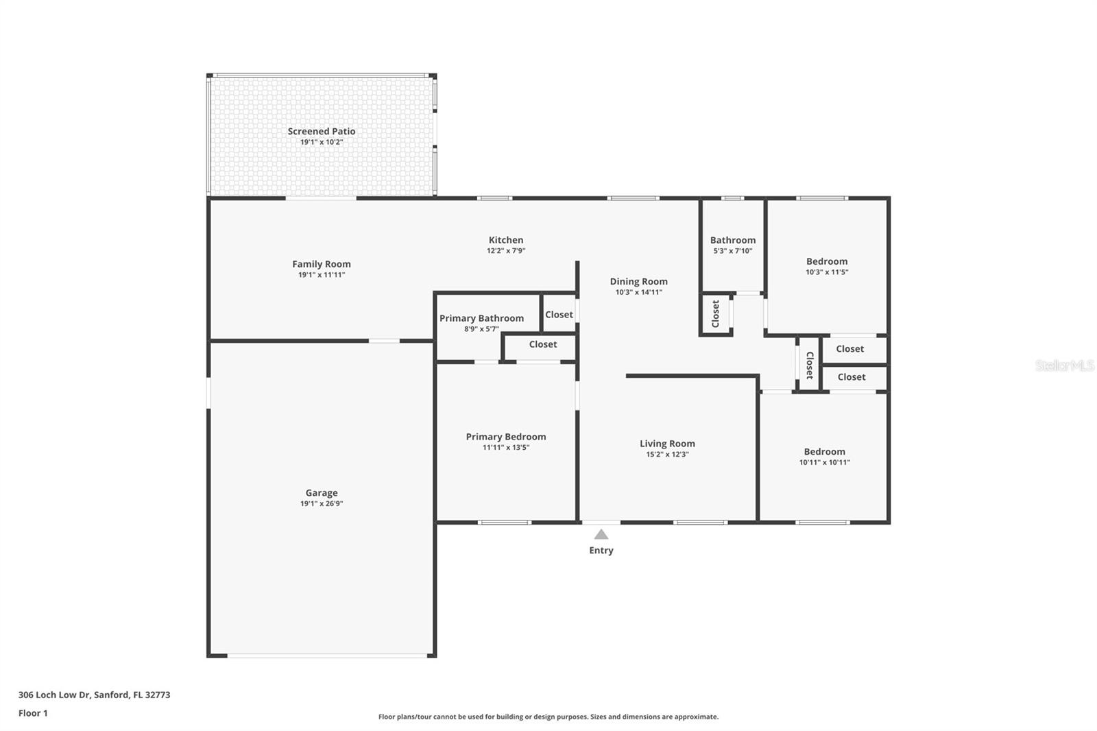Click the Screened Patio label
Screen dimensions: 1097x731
click(322, 131)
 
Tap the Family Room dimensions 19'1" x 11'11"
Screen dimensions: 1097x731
click(322, 275)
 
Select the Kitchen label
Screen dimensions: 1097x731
click(506, 240)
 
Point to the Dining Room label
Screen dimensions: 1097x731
click(638, 282)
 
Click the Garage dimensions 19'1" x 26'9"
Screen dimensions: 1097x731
click(322, 503)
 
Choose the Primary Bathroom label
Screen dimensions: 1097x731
click(481, 318)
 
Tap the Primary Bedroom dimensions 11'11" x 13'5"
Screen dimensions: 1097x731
click(506, 447)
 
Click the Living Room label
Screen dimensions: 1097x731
click(667, 444)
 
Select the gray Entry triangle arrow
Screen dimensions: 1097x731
click(601, 534)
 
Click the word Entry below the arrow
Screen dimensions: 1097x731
click(601, 551)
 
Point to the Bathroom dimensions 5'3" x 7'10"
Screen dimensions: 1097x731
click(733, 251)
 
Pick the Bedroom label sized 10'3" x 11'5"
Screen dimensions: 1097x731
click(827, 262)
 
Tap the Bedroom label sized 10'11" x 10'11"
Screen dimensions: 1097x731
click(824, 452)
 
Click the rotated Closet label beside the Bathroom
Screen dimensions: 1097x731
click(716, 314)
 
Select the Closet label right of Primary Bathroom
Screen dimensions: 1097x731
click(559, 315)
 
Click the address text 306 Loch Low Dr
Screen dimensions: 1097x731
click(54, 695)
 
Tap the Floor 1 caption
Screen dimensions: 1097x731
click(33, 713)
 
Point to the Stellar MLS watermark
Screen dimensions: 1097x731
click(1064, 365)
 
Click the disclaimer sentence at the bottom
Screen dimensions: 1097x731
click(548, 717)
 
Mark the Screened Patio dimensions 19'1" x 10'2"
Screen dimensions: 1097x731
click(322, 142)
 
